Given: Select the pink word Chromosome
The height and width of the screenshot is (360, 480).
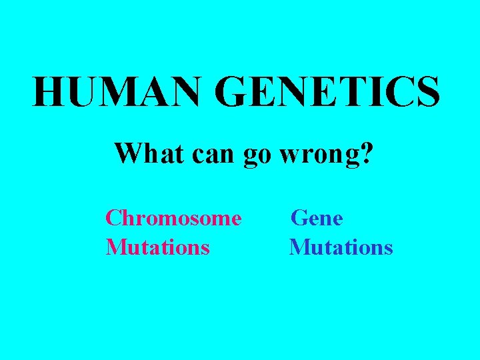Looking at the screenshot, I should (173, 218).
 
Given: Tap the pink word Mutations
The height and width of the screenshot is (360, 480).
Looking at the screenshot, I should (158, 247).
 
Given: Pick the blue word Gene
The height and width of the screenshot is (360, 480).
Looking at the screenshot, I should (317, 218).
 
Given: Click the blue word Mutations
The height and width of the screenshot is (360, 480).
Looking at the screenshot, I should (341, 247).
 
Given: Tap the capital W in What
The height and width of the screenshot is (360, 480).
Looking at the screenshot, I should (127, 153).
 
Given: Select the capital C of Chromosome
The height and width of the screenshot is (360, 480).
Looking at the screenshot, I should (113, 218).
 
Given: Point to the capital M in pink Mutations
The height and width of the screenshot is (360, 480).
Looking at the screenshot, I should (116, 247).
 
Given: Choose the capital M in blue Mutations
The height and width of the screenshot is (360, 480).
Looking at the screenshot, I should (299, 247).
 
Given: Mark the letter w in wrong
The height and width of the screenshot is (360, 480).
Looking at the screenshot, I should (289, 156).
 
